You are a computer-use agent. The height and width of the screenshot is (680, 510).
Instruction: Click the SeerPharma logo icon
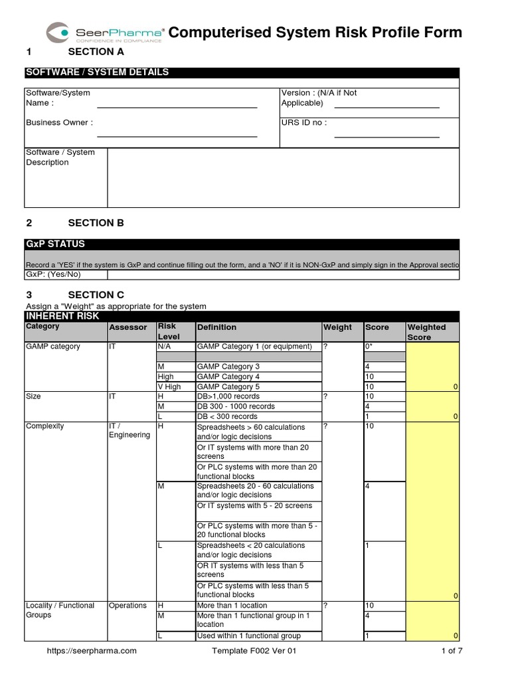[x=58, y=32]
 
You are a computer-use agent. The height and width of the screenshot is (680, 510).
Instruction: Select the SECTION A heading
[x=96, y=52]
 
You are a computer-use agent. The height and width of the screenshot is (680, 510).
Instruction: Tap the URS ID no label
[x=304, y=123]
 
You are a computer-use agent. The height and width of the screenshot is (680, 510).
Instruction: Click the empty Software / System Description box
[x=282, y=177]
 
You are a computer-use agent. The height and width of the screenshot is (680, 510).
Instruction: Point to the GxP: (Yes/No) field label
[x=53, y=274]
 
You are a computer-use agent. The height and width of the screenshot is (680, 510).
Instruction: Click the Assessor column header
[x=127, y=327]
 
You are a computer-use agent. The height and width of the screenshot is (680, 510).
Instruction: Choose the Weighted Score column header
[x=426, y=332]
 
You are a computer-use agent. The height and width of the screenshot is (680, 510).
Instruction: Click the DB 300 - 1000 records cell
[x=236, y=406]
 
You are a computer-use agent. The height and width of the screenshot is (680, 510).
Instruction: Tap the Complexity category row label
[x=45, y=426]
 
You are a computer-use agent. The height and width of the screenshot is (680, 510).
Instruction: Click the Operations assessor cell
[x=127, y=606]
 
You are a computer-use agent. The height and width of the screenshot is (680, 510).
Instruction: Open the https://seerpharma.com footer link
[x=92, y=651]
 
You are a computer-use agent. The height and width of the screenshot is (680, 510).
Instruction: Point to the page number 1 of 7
[x=452, y=651]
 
